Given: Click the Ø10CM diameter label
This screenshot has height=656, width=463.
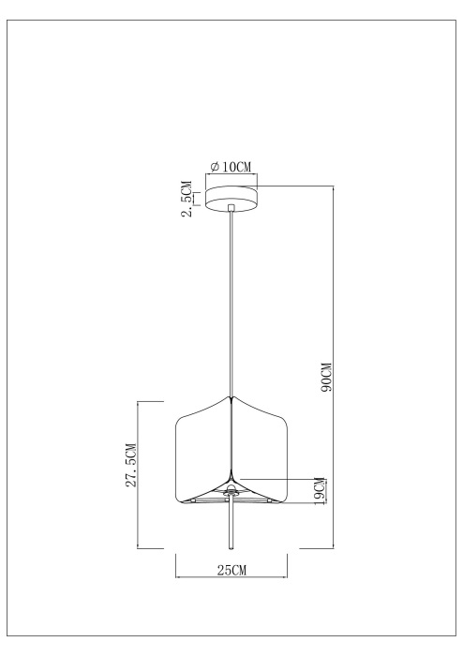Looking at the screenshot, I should (231, 167).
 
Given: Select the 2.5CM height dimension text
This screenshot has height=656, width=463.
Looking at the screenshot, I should (188, 199).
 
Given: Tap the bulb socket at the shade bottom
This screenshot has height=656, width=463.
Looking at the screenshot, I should (231, 491).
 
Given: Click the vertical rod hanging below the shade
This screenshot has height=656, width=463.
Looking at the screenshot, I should (231, 525).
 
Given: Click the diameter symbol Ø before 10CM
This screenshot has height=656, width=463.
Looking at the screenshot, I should (215, 167).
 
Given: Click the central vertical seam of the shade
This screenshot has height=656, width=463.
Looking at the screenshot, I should (231, 440).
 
